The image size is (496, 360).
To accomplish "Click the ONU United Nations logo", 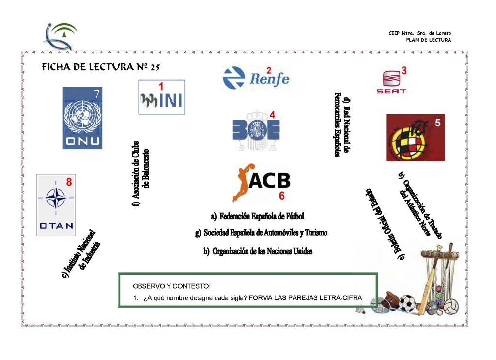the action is click(x=82, y=118).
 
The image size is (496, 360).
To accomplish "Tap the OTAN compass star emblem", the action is click(x=56, y=197).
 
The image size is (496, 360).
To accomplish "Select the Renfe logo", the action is click(x=256, y=78).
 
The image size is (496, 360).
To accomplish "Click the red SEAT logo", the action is click(x=391, y=82).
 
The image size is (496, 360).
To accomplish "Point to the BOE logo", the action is click(x=256, y=130).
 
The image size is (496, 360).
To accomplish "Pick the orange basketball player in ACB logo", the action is click(x=242, y=183).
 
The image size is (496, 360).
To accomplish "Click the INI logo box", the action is click(x=162, y=97).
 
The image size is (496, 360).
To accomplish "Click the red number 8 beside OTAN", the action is click(x=69, y=182).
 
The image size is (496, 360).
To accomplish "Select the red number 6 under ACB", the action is click(x=282, y=196).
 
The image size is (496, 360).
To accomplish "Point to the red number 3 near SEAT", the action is click(x=404, y=71).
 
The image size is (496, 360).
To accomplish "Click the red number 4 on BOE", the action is click(x=272, y=115).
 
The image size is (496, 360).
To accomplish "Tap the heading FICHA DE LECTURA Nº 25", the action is click(x=101, y=67).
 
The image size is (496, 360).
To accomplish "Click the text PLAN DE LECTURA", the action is click(x=429, y=40).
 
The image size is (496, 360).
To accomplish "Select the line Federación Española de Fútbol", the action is click(x=258, y=217).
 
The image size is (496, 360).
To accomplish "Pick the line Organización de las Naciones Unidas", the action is click(x=258, y=251).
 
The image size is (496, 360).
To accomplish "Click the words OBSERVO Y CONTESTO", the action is click(x=171, y=286).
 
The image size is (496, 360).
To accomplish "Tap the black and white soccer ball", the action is click(x=407, y=303).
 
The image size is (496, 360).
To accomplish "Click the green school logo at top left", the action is click(x=61, y=36).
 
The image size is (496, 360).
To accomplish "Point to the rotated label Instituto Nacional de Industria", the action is click(x=81, y=254).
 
